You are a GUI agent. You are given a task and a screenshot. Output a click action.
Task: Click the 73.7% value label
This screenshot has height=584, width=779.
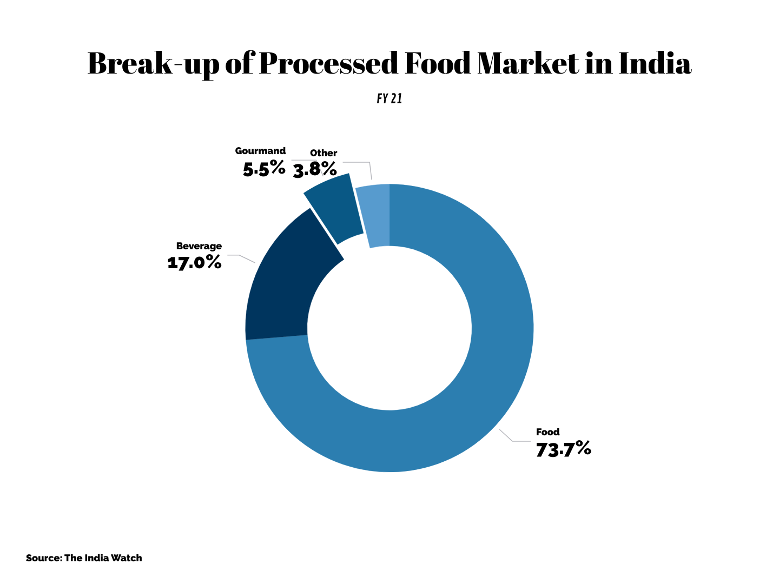pyautogui.click(x=563, y=449)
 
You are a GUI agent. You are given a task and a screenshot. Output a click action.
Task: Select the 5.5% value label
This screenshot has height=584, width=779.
pyautogui.click(x=264, y=168)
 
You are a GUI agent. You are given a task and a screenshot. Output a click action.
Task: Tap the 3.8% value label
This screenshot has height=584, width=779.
pyautogui.click(x=315, y=170)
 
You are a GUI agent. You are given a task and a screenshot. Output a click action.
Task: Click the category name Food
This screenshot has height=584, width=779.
pyautogui.click(x=547, y=432)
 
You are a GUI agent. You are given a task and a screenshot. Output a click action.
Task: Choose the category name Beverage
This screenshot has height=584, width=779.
pyautogui.click(x=199, y=246)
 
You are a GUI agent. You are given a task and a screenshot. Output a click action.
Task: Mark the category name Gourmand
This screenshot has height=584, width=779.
pyautogui.click(x=260, y=151)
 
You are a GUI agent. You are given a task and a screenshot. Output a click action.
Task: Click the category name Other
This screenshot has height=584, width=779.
pyautogui.click(x=324, y=153)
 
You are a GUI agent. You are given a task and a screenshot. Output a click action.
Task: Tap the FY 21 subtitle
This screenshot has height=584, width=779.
pyautogui.click(x=389, y=99)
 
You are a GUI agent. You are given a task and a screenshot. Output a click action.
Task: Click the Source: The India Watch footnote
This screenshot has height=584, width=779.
pyautogui.click(x=84, y=558)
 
